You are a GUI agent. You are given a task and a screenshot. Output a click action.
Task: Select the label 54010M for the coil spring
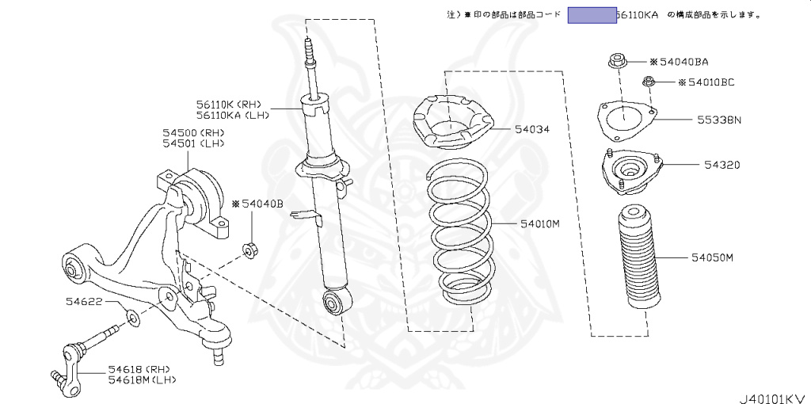(540, 223)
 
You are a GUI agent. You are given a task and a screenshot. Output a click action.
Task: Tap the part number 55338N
(719, 120)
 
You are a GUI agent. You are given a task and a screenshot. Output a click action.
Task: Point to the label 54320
(722, 166)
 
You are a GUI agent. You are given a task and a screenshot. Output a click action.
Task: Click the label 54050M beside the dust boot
(713, 257)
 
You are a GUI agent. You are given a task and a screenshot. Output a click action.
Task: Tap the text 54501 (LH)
(194, 143)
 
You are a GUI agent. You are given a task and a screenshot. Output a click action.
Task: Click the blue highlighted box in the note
(592, 15)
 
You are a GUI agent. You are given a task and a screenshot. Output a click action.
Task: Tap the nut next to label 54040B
(248, 251)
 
